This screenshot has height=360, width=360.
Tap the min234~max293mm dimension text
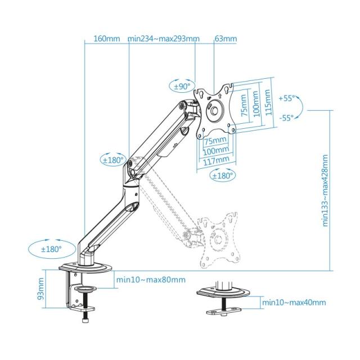coord(164,39)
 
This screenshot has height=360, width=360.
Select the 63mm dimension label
coord(226,39)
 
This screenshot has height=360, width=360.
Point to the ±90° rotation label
coord(182,87)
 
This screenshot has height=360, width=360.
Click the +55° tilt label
coord(286,98)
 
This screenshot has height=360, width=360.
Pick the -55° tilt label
coord(286,118)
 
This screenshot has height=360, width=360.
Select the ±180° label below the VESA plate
coord(222,175)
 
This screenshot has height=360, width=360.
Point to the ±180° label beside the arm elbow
coord(112,160)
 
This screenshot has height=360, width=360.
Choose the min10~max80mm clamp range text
coord(150,280)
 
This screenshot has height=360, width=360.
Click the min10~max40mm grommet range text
coord(294,303)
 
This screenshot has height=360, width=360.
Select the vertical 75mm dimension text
coord(244,105)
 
